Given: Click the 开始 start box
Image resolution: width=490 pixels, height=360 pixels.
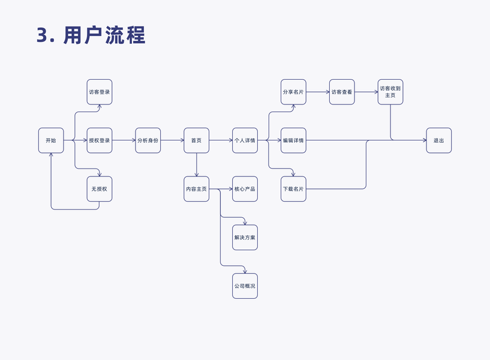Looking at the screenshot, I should [x=51, y=140].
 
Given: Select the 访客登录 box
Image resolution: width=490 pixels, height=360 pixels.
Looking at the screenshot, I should [x=100, y=92].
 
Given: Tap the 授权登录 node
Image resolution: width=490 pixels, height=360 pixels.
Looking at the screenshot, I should [x=100, y=140].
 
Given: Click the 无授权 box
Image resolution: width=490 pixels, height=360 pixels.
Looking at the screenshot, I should [x=100, y=189].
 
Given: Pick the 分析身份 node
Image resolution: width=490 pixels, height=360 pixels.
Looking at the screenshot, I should [x=148, y=140].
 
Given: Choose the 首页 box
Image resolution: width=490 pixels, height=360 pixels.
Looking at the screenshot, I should [x=197, y=140].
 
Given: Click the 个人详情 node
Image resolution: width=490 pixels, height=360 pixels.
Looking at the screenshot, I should [x=245, y=140].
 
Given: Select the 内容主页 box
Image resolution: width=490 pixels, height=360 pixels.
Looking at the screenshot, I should [x=197, y=189].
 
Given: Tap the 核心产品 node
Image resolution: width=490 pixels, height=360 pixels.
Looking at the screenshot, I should [x=245, y=189].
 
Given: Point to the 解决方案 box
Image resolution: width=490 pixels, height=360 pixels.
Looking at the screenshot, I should [x=245, y=238].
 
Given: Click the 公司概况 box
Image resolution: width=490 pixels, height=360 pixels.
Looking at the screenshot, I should [x=245, y=286].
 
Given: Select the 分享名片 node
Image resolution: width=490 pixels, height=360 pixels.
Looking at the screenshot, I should [x=293, y=92].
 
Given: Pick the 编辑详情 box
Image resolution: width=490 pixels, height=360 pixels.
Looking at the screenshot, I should [x=293, y=140].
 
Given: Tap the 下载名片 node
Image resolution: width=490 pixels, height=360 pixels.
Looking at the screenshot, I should [x=293, y=189].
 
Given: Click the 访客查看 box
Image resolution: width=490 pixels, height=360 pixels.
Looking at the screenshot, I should [x=342, y=92].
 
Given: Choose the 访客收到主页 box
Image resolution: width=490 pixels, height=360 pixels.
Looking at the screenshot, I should [x=390, y=92].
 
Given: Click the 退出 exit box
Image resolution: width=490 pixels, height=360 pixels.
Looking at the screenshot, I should [x=439, y=140].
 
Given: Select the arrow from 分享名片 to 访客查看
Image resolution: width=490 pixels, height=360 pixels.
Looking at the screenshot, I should [x=317, y=92].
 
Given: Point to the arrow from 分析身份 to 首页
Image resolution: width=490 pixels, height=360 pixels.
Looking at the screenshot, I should [x=172, y=140].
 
